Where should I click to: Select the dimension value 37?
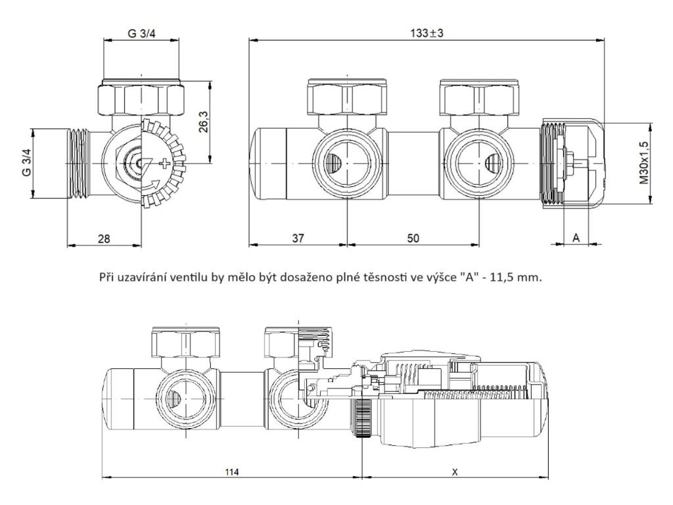pos(298,238)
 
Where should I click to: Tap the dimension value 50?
pos(412,238)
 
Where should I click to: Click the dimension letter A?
pos(576,238)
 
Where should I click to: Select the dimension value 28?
pos(104,238)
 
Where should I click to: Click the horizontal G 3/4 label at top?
pos(141,33)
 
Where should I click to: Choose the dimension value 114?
pos(231,472)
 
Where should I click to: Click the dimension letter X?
pos(455,472)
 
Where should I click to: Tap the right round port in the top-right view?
pos(476,162)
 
